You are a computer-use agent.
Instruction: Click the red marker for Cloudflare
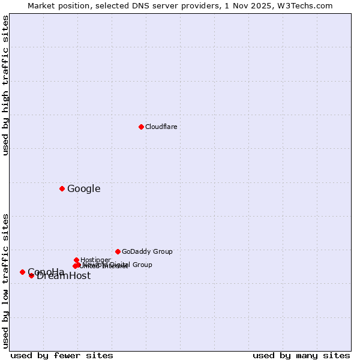[141, 127]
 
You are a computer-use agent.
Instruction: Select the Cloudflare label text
[161, 127]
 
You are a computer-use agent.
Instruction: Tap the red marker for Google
[62, 188]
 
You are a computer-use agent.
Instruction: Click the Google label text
[83, 189]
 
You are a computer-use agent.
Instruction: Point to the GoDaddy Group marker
[118, 251]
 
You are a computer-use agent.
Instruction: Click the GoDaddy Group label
[147, 251]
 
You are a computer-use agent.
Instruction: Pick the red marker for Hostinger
[76, 260]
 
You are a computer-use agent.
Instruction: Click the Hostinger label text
[95, 260]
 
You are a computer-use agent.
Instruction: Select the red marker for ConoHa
[22, 272]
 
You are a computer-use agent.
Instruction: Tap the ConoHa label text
[46, 272]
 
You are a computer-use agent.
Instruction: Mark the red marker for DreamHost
[31, 275]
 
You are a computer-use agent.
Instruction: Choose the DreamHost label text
[64, 276]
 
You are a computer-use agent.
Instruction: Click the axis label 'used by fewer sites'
[62, 355]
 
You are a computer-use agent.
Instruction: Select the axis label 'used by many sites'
[301, 355]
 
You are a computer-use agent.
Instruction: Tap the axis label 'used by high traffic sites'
[6, 85]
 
